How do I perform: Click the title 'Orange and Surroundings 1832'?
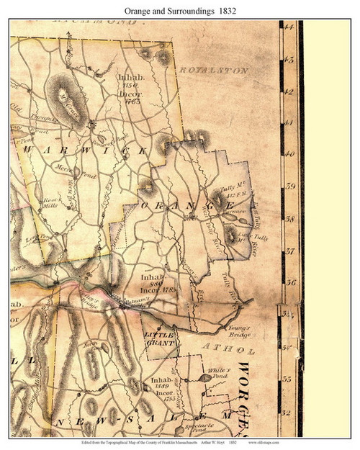(x=180, y=11)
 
